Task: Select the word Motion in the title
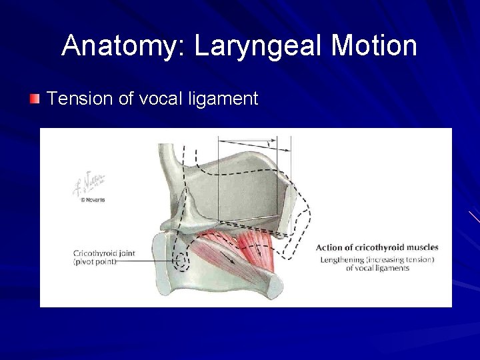click(x=374, y=46)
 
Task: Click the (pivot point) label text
click(x=95, y=261)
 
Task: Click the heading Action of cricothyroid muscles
click(x=377, y=247)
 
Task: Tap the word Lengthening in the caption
click(x=342, y=259)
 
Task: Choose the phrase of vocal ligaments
click(x=377, y=268)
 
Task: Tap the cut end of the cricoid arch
click(x=274, y=286)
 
